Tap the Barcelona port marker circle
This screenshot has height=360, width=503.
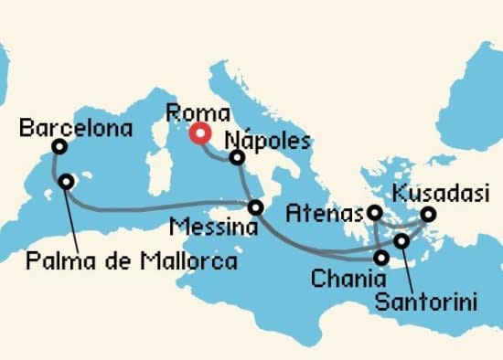pos(59,146)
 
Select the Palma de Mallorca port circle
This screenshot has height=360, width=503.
pos(66,182)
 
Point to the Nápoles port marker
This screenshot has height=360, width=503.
pos(238,158)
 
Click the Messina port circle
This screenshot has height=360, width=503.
pos(256,207)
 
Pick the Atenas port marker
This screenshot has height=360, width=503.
pos(374,213)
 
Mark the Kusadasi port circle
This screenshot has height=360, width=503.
pos(427,216)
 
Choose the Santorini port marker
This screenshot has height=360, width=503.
pos(401,241)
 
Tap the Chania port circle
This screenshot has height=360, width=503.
pos(380,258)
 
